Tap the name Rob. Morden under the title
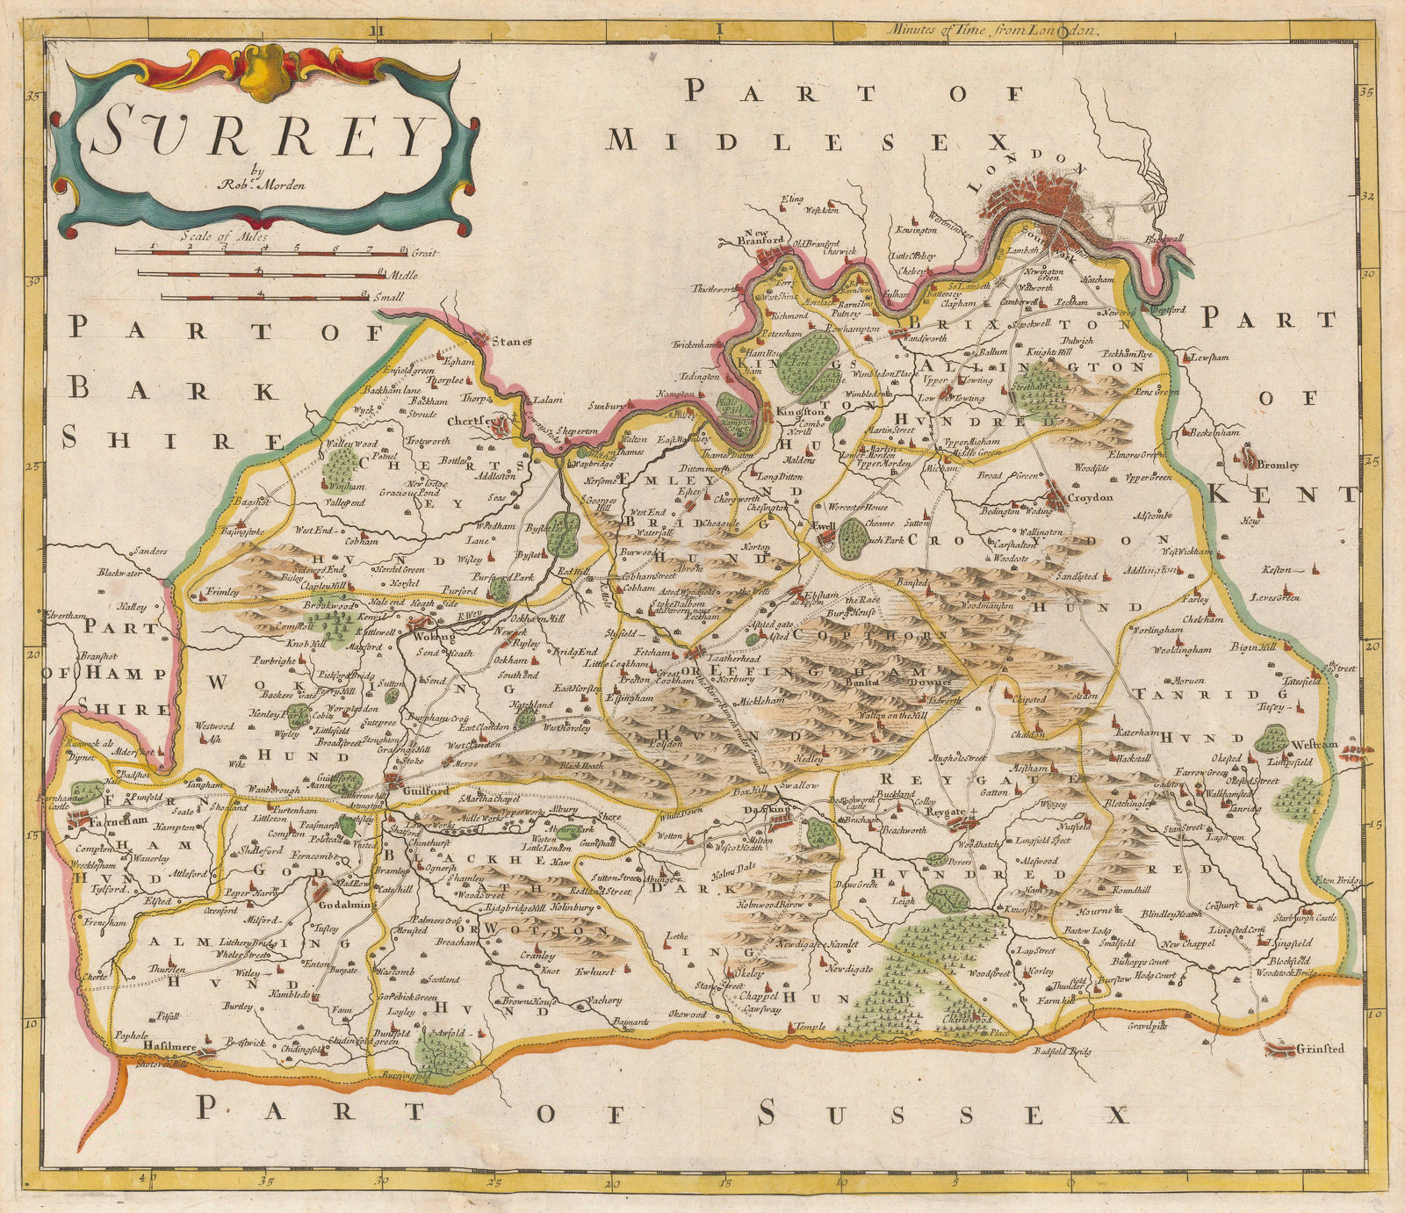(x=256, y=185)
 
